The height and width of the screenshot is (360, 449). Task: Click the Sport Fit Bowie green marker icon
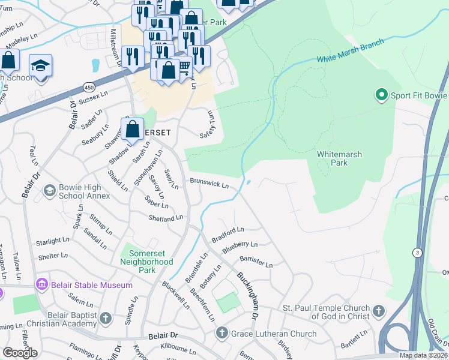[x=381, y=95]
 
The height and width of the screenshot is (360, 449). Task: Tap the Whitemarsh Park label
[x=340, y=158]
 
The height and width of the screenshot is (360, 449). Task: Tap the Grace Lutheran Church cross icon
[x=221, y=333]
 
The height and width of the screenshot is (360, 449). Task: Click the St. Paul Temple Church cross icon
[x=378, y=311]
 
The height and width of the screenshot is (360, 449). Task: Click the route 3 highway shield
[x=416, y=253]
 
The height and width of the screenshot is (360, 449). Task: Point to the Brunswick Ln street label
[x=209, y=183]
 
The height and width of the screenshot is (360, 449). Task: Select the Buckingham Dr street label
[x=247, y=295]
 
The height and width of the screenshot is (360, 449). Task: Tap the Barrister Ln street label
[x=256, y=262]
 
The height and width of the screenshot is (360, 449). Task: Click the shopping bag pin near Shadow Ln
[x=132, y=129]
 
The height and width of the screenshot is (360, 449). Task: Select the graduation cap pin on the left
[x=40, y=66]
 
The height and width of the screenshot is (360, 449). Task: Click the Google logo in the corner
[x=20, y=353]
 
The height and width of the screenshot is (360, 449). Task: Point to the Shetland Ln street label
[x=166, y=218]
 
